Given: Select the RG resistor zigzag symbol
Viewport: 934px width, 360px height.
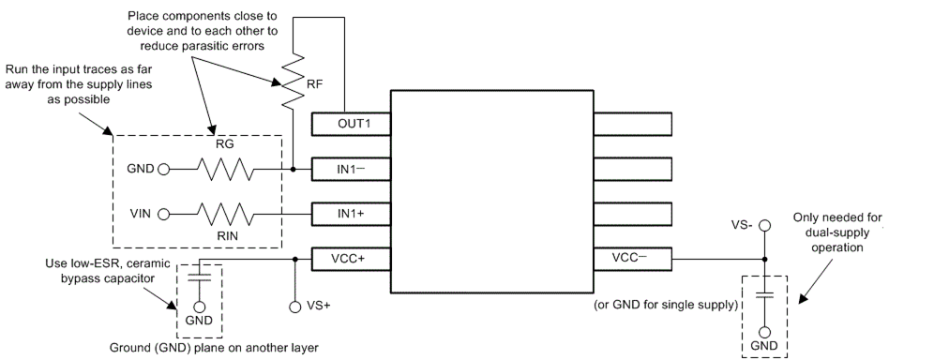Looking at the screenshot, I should (225, 170).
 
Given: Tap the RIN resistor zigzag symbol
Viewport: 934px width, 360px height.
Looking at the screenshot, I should (225, 214).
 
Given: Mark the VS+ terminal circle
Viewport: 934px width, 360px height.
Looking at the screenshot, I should (295, 306).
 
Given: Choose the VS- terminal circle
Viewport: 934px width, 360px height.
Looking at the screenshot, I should (764, 225).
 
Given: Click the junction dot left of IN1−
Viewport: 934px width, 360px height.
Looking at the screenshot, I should (294, 170).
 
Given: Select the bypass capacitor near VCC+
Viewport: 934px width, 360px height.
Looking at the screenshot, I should (199, 278).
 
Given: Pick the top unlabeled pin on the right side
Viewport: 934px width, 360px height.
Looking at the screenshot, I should (632, 124).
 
